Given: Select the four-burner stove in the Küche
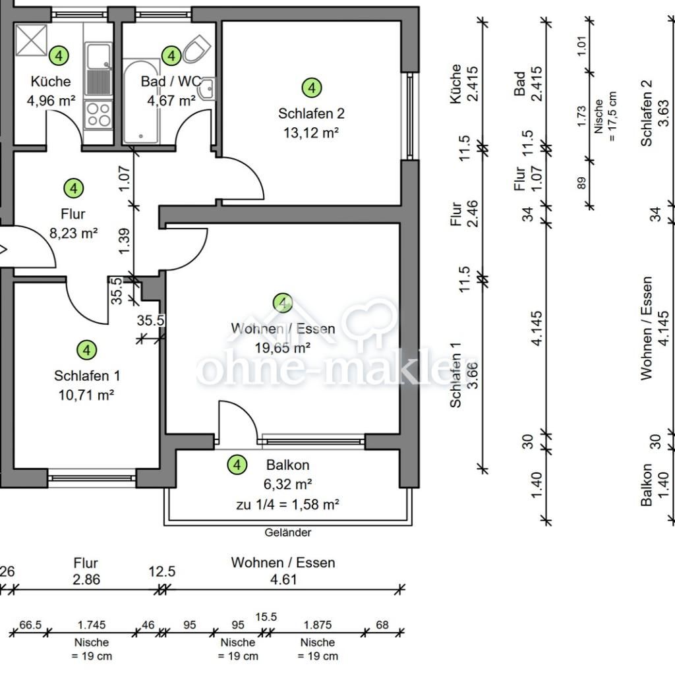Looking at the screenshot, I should coord(98,115).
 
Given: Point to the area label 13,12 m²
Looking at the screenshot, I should coord(311,132).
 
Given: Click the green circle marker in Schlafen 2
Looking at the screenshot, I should coord(311,87).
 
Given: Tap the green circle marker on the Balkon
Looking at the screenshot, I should coord(237,465).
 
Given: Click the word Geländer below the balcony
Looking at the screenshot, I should coord(288,532).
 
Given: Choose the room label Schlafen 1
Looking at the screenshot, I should coord(86,376).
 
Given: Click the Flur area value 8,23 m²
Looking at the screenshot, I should coord(73,233).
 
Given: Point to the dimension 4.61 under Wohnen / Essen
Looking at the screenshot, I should coord(283,580).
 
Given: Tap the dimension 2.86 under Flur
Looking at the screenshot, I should coord(86,580).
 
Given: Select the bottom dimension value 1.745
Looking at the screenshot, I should coord(91,624).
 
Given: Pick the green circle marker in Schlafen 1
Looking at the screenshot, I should coord(86,350).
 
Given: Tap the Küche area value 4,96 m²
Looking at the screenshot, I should coord(51,101).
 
